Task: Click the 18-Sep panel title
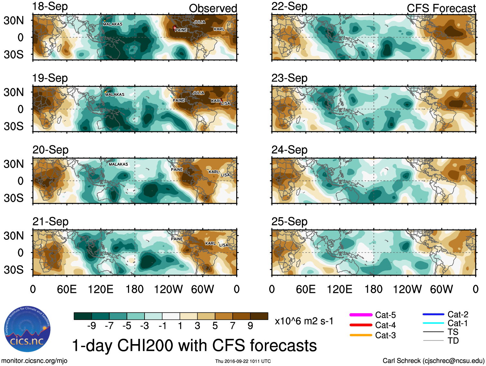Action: [50, 6]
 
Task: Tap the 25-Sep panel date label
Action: [289, 221]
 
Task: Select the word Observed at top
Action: [213, 8]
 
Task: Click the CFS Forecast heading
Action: [441, 8]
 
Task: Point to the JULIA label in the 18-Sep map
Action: [200, 22]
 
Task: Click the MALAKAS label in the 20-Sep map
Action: [118, 164]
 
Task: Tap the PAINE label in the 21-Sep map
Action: [177, 239]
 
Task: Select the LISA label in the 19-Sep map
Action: [226, 103]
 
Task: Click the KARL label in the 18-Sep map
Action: [219, 29]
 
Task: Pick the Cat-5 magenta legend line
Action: [361, 315]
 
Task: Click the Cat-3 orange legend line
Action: [361, 335]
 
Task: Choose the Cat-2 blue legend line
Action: [433, 314]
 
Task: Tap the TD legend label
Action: [453, 341]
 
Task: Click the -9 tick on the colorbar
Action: [92, 326]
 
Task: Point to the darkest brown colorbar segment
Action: [259, 316]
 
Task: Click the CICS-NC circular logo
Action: [27, 329]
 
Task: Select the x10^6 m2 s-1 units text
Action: [304, 321]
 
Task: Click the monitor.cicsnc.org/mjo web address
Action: [34, 361]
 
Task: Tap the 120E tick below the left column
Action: [101, 289]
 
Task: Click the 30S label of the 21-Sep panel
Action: [14, 269]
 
